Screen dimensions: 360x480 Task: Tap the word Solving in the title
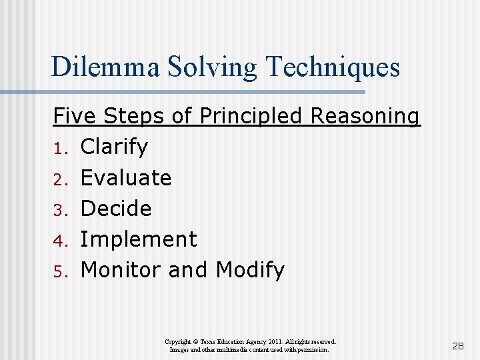(208, 67)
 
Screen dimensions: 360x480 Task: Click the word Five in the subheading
(73, 116)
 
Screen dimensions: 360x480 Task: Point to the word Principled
(251, 116)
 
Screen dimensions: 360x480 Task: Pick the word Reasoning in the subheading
(365, 116)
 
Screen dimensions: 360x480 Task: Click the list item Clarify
(114, 147)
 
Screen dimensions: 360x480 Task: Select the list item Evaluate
(125, 177)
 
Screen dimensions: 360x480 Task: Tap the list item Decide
(115, 208)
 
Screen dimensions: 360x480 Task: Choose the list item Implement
(138, 239)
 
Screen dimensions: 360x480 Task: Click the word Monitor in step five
(121, 270)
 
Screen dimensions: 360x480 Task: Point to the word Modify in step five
(250, 270)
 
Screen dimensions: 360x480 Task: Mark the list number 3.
(58, 209)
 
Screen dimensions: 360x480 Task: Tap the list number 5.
(58, 271)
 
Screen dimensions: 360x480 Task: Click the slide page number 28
(458, 346)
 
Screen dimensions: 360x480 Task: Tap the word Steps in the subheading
(137, 116)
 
